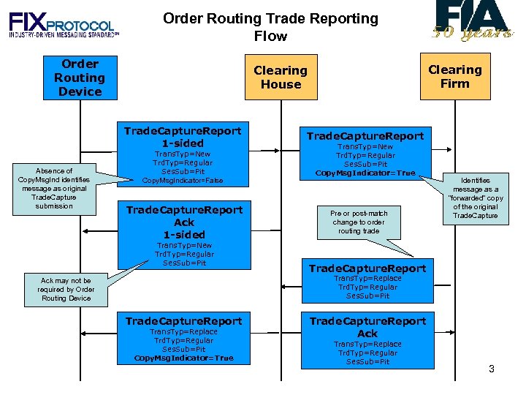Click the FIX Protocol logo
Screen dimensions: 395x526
[63, 26]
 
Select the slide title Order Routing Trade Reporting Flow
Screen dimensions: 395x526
[270, 27]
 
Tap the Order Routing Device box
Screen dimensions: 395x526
[80, 78]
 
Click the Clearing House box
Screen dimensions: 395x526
[281, 78]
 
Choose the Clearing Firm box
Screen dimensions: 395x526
[454, 77]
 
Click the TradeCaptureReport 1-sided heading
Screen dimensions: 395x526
[183, 137]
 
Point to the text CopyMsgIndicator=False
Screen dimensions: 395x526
[183, 181]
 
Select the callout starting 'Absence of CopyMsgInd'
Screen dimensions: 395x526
[54, 188]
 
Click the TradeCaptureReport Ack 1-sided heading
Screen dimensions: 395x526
[184, 222]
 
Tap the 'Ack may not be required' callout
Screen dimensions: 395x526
[66, 289]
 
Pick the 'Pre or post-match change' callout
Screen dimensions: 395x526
[359, 222]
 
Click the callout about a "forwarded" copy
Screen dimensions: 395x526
[476, 197]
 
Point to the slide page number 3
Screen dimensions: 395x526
[492, 369]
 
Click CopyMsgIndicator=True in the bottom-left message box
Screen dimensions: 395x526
[184, 358]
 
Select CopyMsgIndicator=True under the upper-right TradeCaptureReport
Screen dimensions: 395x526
[365, 173]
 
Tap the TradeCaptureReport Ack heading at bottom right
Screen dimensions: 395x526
[367, 327]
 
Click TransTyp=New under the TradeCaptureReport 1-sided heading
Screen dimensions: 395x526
[183, 154]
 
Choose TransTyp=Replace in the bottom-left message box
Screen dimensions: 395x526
[184, 332]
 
